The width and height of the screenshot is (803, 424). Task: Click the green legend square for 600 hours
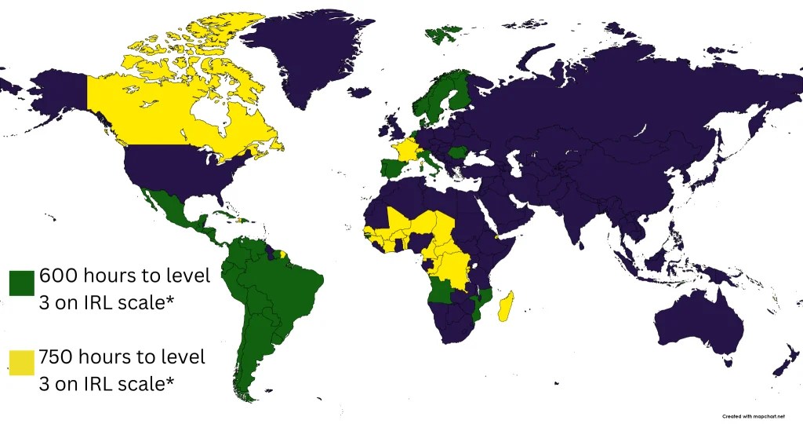tap(21, 283)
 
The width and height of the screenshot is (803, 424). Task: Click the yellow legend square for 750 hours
tap(21, 363)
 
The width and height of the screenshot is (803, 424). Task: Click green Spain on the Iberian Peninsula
tap(390, 169)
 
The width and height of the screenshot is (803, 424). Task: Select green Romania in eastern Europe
tap(459, 151)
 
